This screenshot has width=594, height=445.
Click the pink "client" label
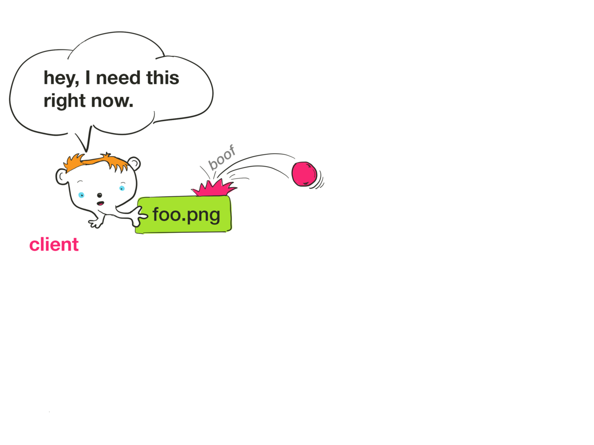click(54, 244)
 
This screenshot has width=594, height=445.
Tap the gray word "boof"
click(222, 157)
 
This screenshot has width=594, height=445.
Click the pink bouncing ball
click(304, 174)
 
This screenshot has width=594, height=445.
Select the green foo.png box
click(184, 215)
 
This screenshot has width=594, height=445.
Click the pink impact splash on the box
click(214, 188)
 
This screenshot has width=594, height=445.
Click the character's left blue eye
click(81, 195)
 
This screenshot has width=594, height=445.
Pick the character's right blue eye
click(122, 188)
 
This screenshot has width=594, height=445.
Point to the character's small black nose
click(99, 195)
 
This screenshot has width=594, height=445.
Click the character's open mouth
click(100, 203)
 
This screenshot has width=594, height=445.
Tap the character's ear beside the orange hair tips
click(134, 163)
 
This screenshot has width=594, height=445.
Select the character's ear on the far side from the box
click(62, 176)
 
